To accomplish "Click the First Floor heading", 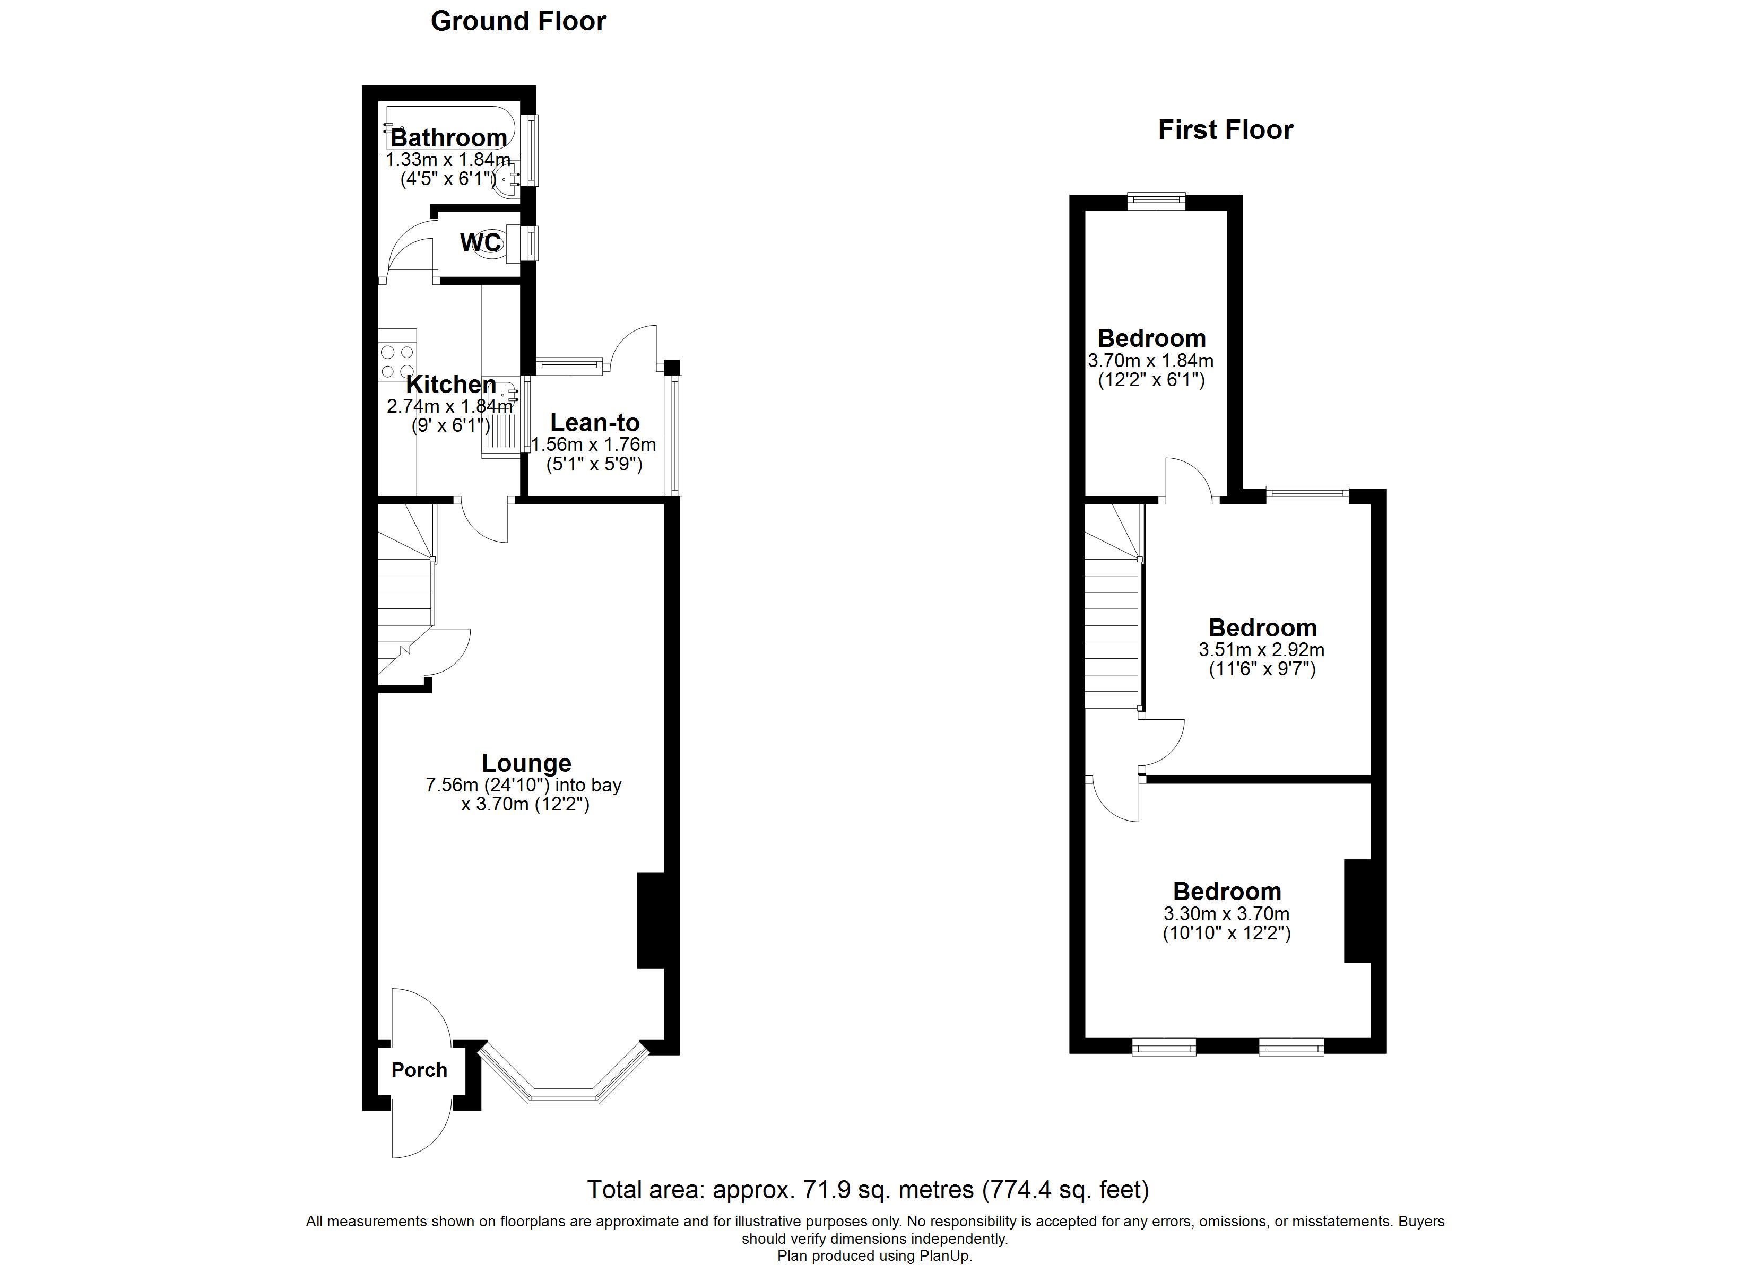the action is pyautogui.click(x=1225, y=130).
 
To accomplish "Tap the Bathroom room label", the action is pyautogui.click(x=448, y=138).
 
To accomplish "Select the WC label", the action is pyautogui.click(x=480, y=242).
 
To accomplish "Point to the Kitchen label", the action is pyautogui.click(x=451, y=385).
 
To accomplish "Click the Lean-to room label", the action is pyautogui.click(x=594, y=423).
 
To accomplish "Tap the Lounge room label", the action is pyautogui.click(x=526, y=763).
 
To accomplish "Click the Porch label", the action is pyautogui.click(x=419, y=1070).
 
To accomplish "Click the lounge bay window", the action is pyautogui.click(x=564, y=1075).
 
